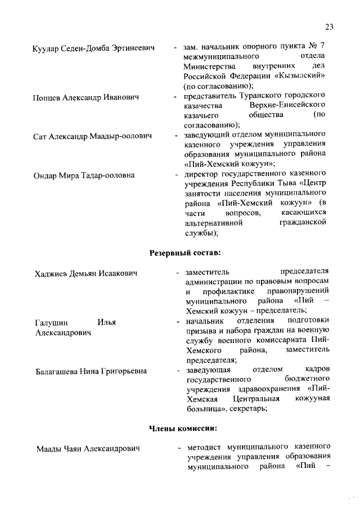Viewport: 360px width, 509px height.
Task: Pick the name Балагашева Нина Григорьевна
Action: coord(92,371)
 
